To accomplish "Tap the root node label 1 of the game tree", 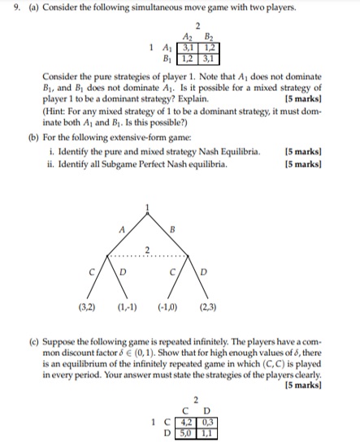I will (x=147, y=207).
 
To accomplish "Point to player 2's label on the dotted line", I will (x=146, y=249).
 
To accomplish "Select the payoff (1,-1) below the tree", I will (x=126, y=307).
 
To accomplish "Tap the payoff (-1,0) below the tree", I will (x=167, y=307).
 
